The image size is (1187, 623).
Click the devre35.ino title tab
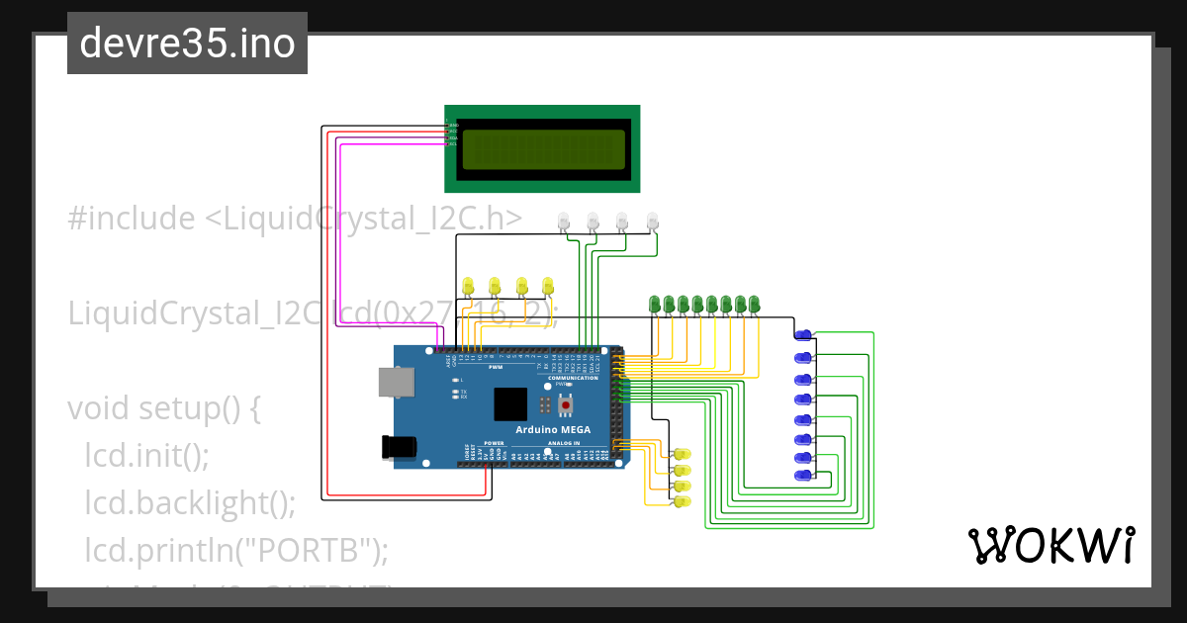[187, 44]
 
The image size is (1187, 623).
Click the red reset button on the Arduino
[566, 404]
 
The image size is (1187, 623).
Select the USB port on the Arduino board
[397, 383]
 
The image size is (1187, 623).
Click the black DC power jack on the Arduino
[400, 447]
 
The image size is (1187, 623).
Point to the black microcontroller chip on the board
[510, 404]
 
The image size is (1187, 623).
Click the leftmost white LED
[563, 222]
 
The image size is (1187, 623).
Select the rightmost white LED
[652, 222]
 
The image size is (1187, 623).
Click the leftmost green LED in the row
[654, 303]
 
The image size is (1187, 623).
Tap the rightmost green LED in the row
[754, 303]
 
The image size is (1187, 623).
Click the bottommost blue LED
[804, 477]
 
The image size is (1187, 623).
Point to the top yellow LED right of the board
[681, 453]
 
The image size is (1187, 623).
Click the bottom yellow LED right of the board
[681, 502]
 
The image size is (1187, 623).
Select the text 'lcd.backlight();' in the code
[190, 502]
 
